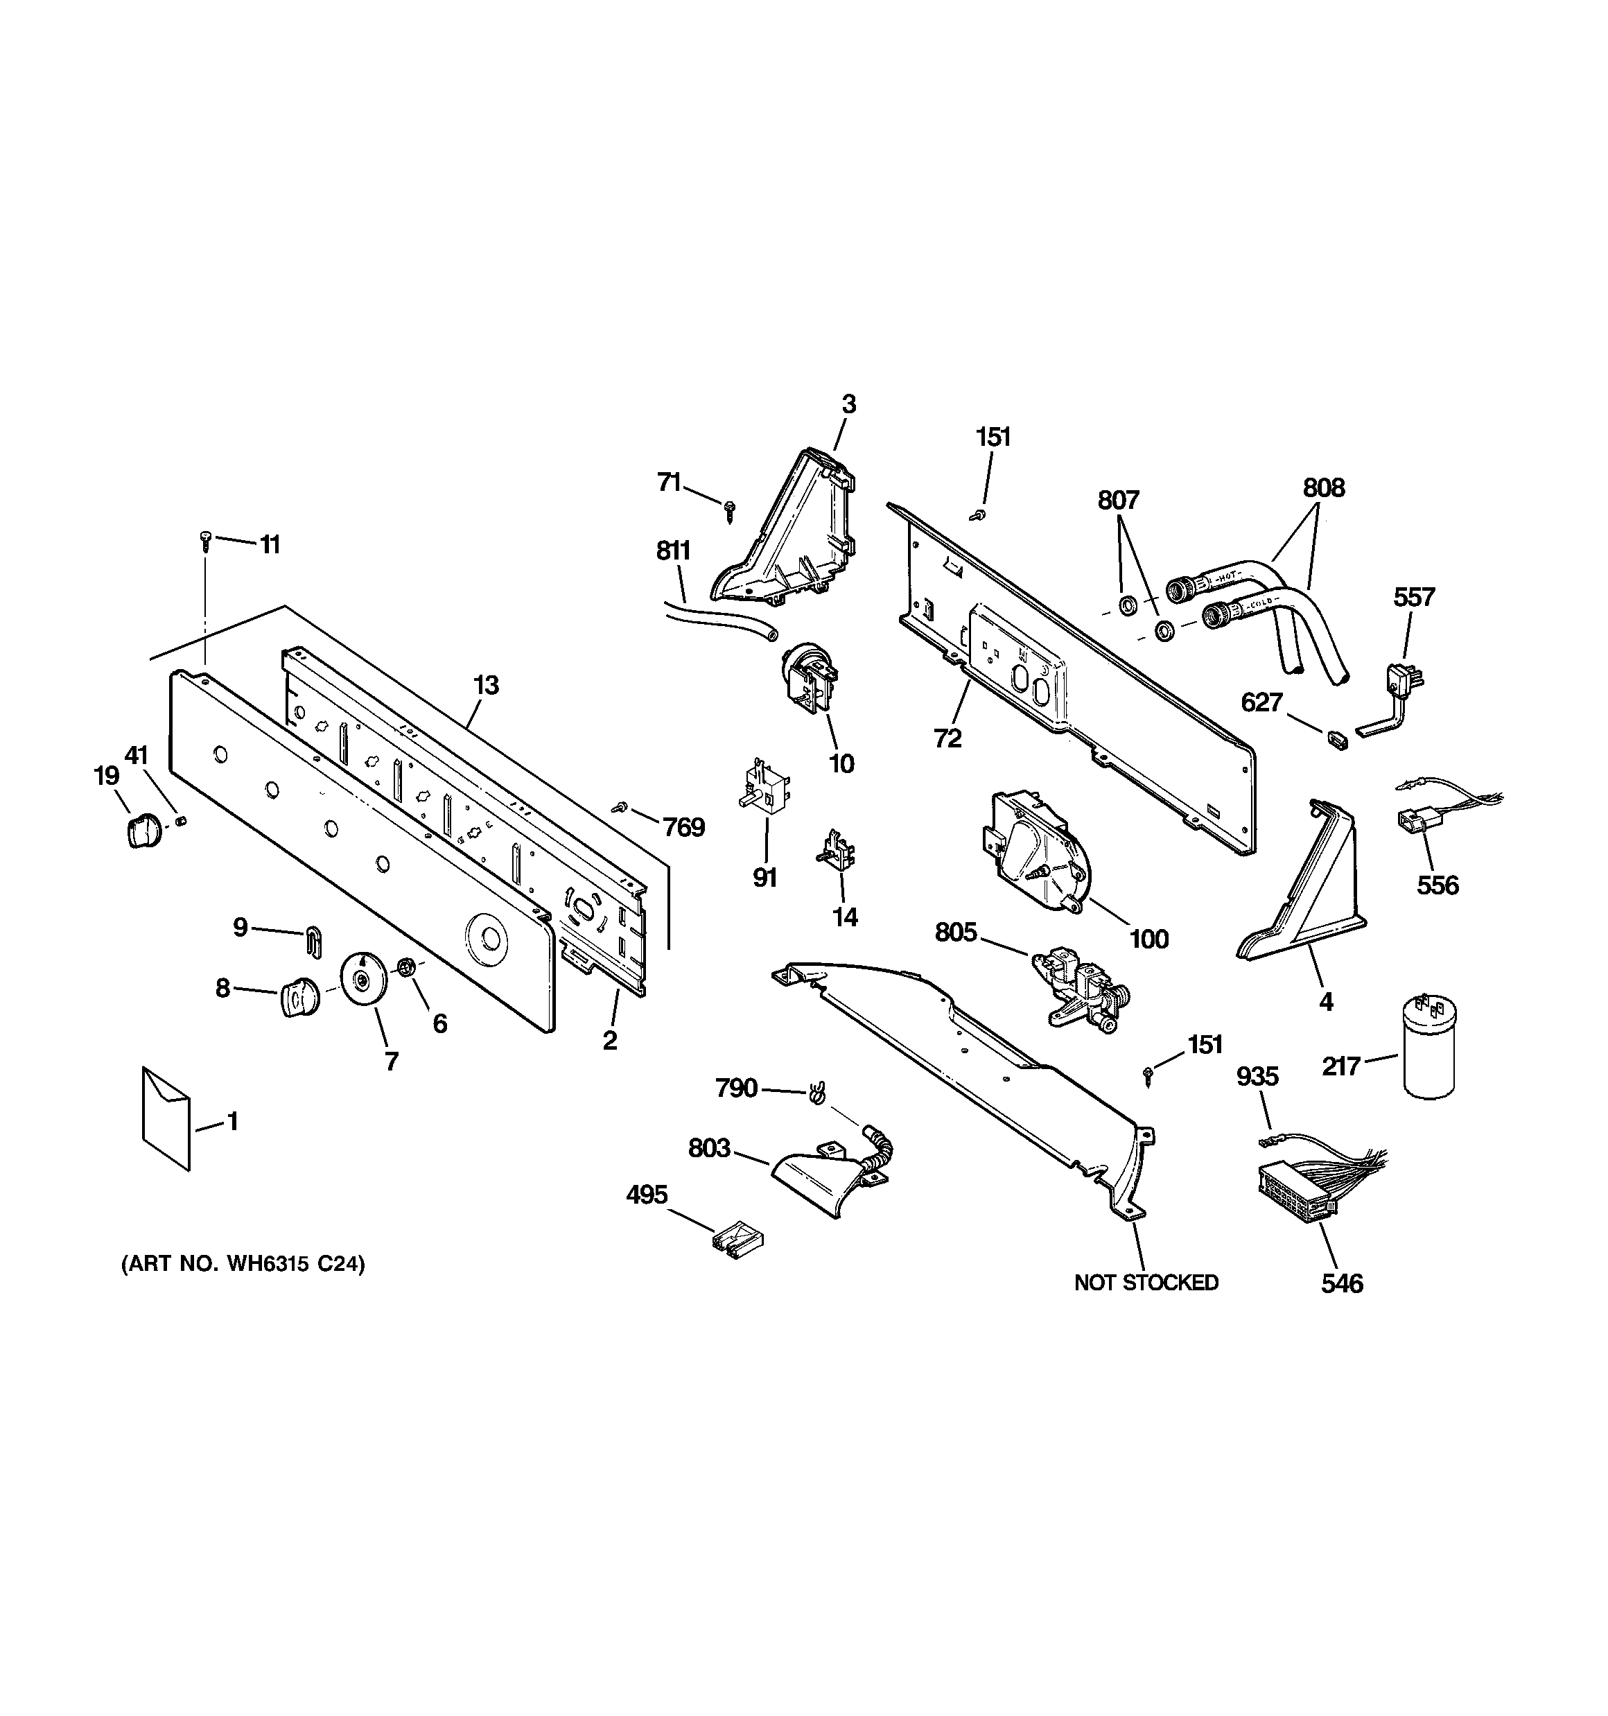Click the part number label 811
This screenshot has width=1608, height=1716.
[672, 550]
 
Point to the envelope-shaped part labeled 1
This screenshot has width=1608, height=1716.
[166, 1118]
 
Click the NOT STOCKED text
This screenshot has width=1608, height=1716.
[1146, 1283]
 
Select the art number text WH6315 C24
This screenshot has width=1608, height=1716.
[243, 1265]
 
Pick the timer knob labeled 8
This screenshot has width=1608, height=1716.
[299, 997]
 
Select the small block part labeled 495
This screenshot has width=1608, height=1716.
[736, 1238]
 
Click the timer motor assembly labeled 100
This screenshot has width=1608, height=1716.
[1034, 849]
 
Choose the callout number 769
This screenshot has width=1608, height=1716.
[683, 828]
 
